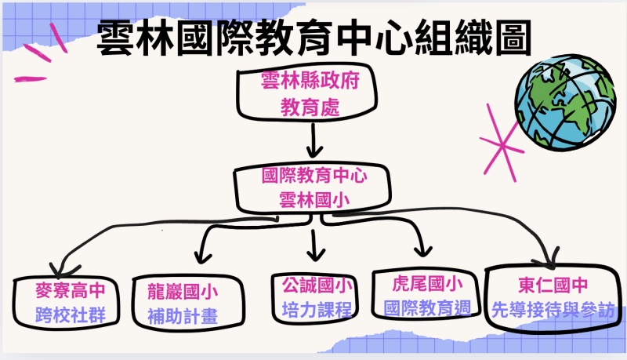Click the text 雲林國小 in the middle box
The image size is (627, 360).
[x=313, y=199]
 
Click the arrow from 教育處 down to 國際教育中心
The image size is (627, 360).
[x=313, y=138]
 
